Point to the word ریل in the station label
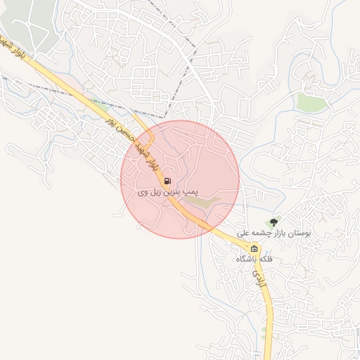click(x=159, y=191)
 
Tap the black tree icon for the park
click(x=275, y=222)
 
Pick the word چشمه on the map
click(x=258, y=231)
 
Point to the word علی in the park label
click(x=242, y=231)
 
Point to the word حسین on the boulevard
click(x=121, y=122)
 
